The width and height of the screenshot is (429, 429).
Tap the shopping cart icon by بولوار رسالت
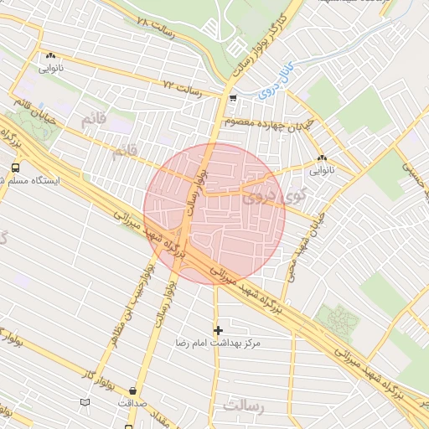[232, 98]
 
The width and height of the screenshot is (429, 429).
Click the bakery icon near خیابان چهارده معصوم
[322, 157]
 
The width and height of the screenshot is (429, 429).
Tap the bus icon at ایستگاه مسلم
[16, 168]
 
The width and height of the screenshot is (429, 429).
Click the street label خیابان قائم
[34, 111]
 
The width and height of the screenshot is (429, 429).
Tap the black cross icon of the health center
[219, 330]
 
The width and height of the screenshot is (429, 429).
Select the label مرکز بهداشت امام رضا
[219, 344]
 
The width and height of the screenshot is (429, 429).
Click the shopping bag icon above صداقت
[132, 390]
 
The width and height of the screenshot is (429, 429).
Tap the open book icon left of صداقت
[84, 403]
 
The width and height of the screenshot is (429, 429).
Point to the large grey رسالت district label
[243, 406]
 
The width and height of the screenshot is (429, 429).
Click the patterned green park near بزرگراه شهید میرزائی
[338, 318]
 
